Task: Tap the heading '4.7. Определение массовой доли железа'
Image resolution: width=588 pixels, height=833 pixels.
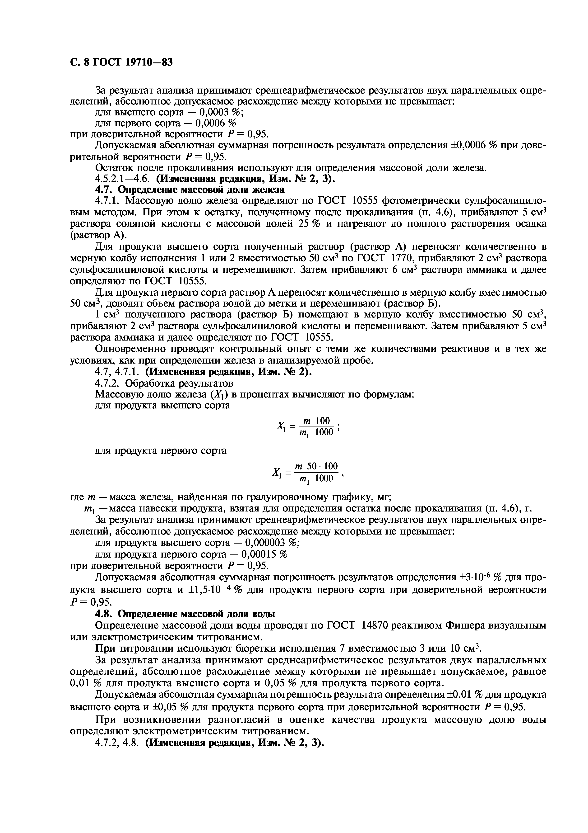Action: point(190,189)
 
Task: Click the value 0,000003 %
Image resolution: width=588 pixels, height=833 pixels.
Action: point(272,543)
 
